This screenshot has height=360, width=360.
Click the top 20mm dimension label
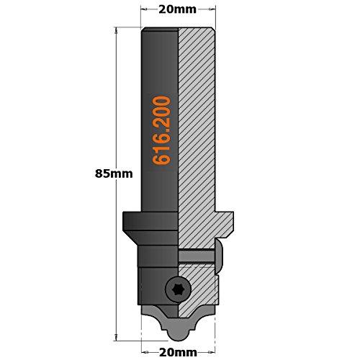178,11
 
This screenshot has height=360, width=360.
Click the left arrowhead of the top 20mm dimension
144,11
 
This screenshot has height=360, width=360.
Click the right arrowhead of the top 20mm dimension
212,11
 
